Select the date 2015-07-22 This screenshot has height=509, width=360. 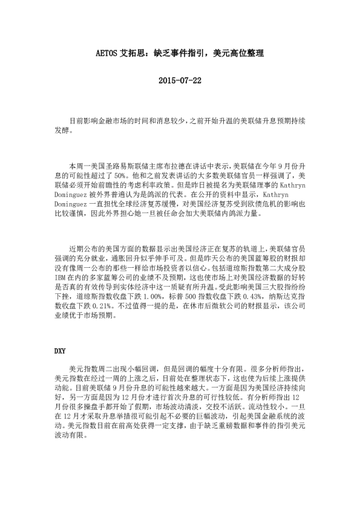click(x=180, y=80)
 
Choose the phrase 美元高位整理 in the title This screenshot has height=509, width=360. click(x=240, y=53)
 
